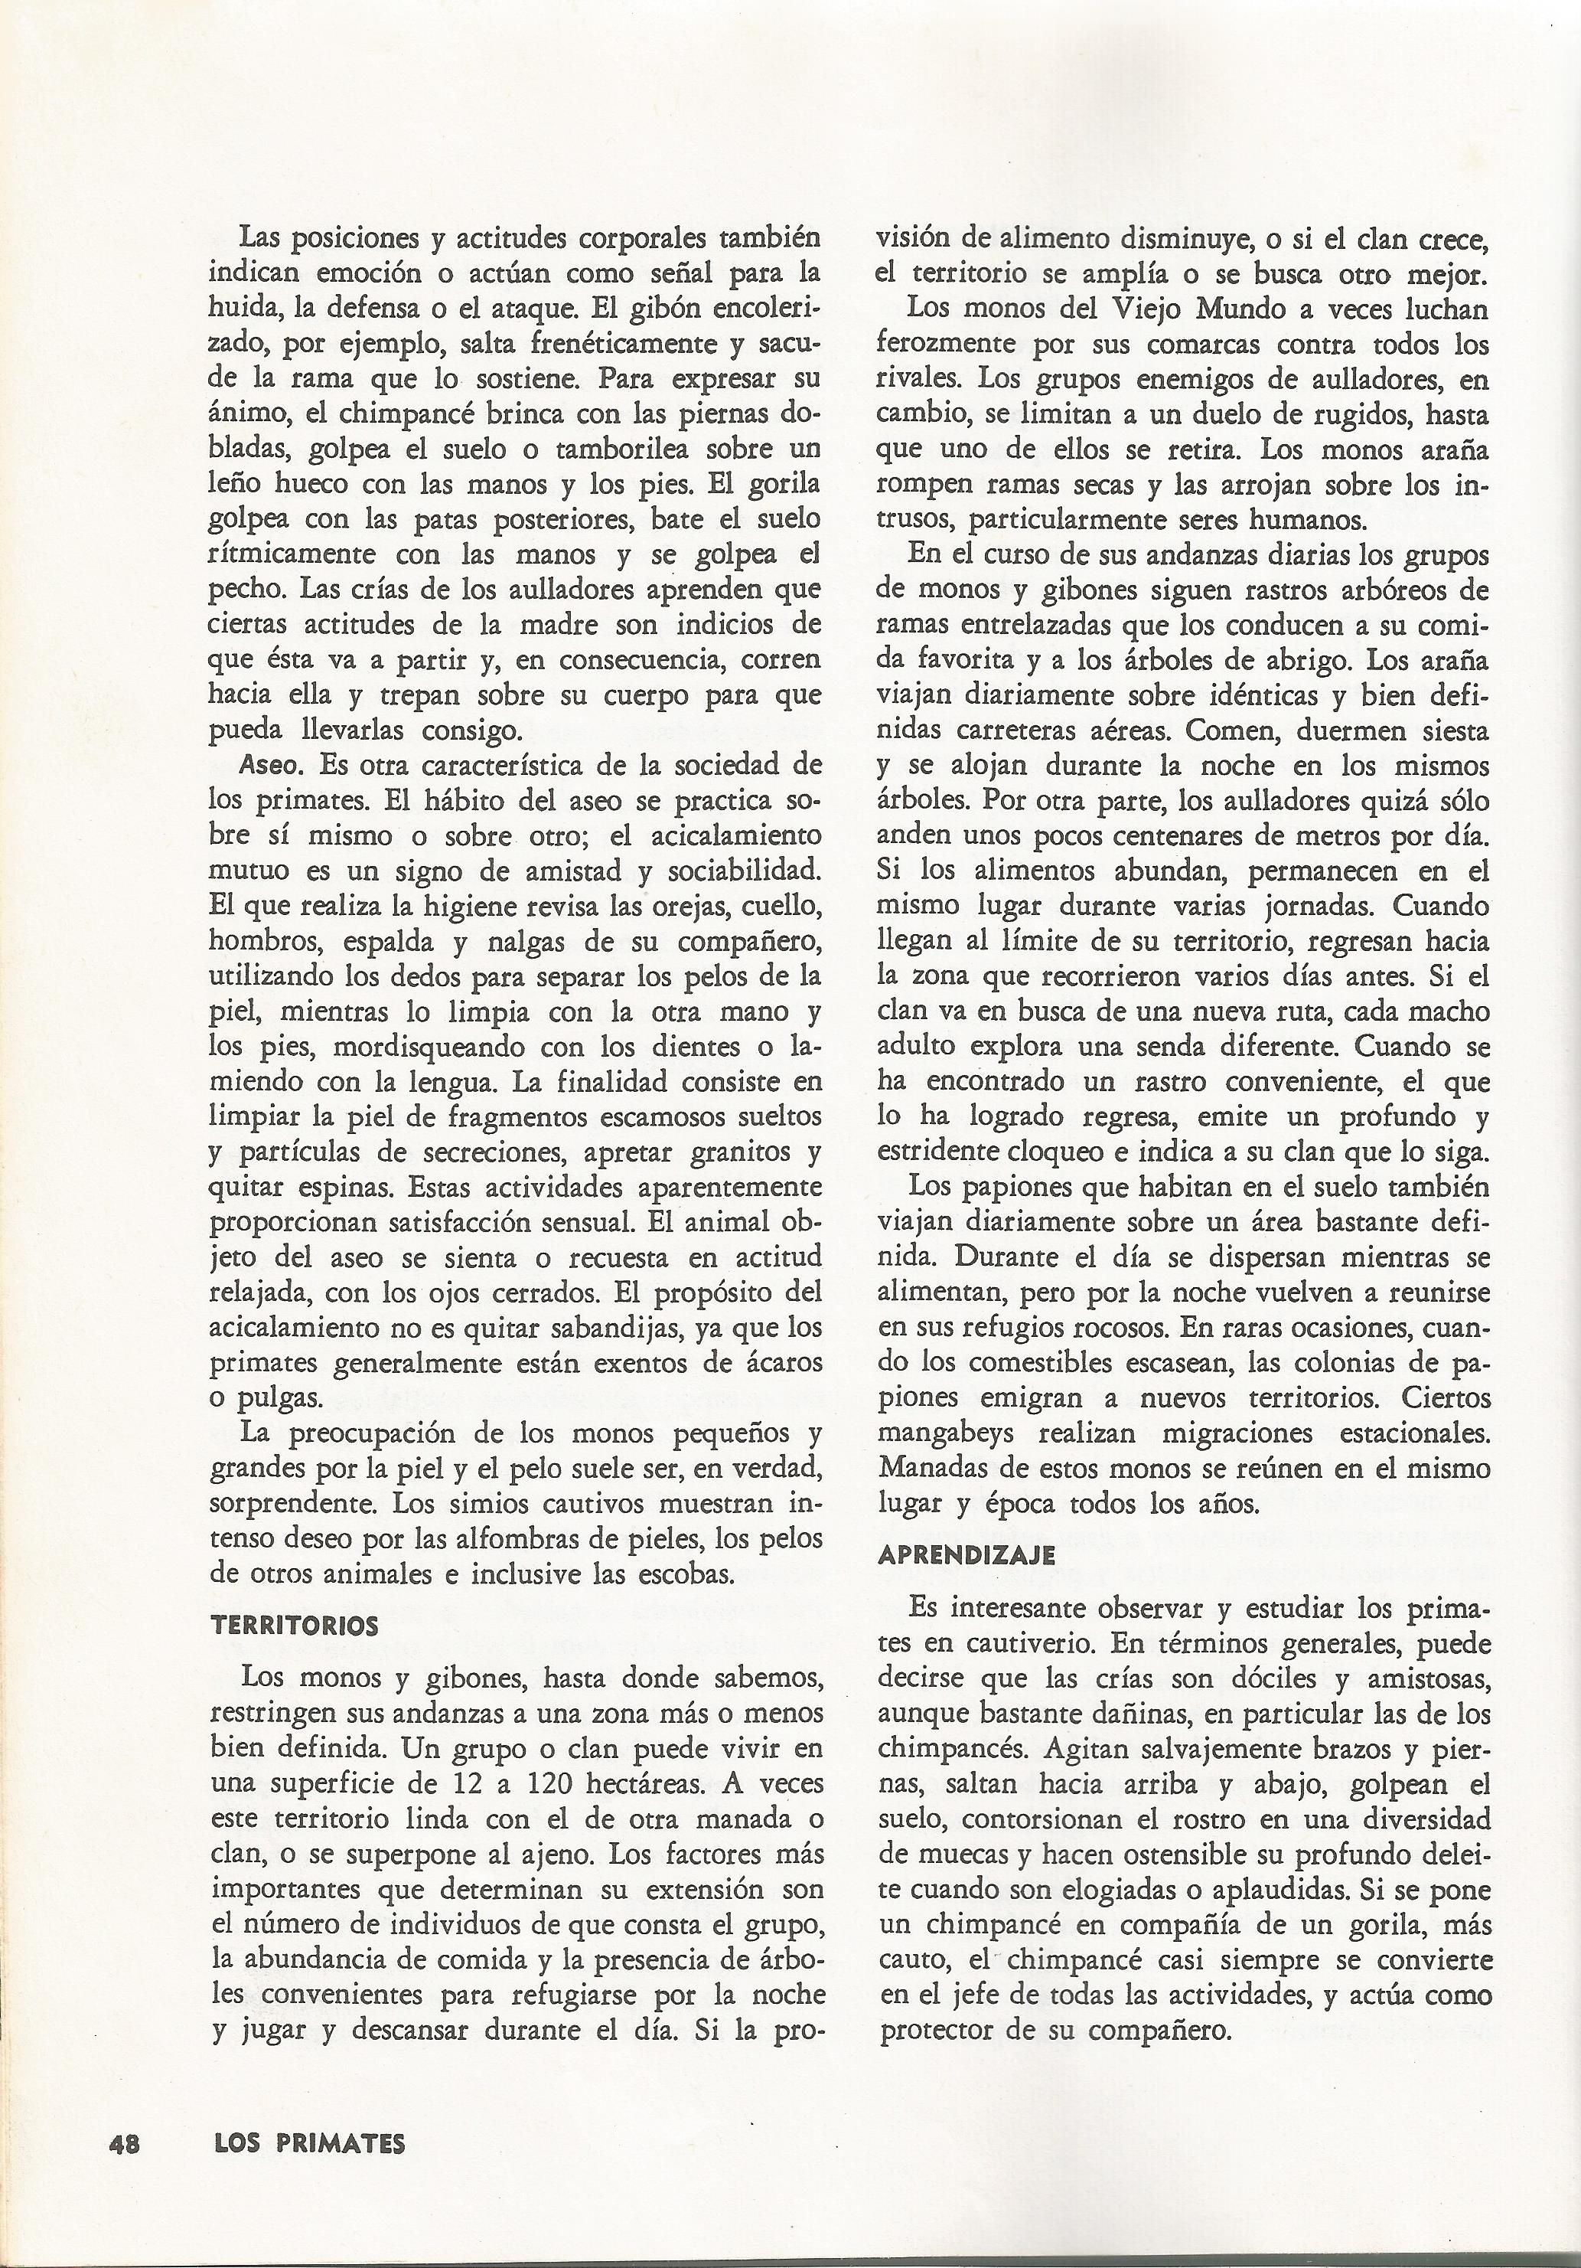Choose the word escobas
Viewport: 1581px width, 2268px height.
click(686, 1574)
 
